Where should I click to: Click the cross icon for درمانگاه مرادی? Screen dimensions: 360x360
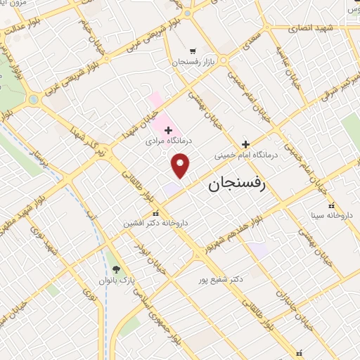(x=167, y=130)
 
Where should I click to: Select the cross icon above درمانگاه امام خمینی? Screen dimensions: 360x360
(x=245, y=143)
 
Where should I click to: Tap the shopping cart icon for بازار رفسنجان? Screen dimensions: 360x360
(x=193, y=51)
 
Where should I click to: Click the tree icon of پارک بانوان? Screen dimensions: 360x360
(x=116, y=269)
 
